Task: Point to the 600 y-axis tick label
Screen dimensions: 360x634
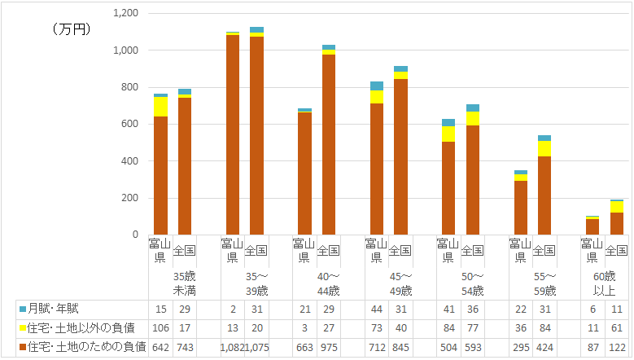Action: (x=129, y=125)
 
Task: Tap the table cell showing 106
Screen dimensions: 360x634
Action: (x=160, y=328)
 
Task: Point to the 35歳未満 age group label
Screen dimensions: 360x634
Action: (x=185, y=283)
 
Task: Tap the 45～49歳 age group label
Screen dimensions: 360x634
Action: (x=400, y=283)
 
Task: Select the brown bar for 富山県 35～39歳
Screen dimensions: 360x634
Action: (x=232, y=134)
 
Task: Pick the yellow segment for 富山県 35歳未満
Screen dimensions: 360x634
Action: (x=160, y=107)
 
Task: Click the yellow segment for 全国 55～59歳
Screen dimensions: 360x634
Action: (x=544, y=148)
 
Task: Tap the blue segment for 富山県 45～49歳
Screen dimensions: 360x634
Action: (x=376, y=86)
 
